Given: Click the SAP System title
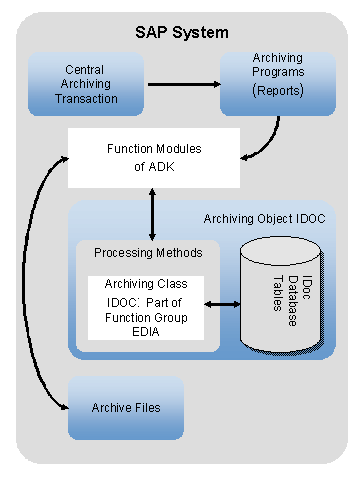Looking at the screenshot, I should tap(181, 32).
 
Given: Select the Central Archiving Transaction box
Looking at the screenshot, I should tap(85, 85).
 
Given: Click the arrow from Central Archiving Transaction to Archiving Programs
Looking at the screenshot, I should tap(182, 84).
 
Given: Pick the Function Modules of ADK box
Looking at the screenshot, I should tap(153, 157).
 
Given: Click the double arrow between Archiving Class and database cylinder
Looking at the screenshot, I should tap(224, 301).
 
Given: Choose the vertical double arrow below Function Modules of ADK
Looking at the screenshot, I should tap(151, 212).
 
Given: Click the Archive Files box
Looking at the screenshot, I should tap(125, 408).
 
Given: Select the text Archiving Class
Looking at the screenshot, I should tap(146, 284).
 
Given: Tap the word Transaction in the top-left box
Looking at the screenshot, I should tap(86, 99).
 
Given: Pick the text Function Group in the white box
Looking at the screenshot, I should tap(146, 316).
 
